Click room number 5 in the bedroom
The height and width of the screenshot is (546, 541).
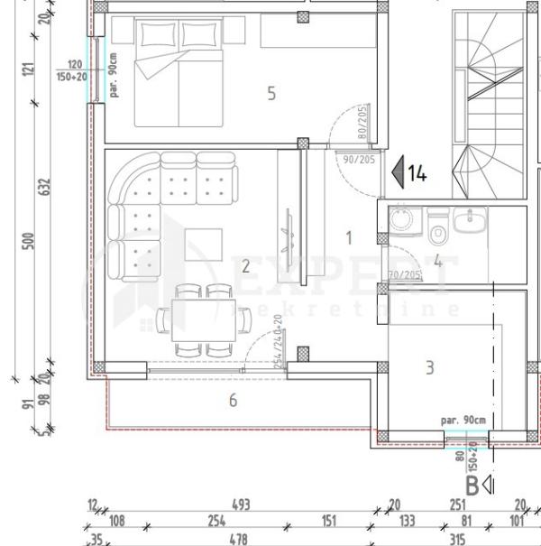tap(270, 92)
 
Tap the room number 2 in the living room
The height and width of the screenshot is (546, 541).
tap(245, 265)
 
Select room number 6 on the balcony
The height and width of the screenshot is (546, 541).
tap(233, 399)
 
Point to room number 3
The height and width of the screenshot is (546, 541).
tap(429, 367)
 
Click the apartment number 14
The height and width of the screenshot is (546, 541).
tap(417, 172)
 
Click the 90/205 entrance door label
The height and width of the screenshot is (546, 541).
tap(359, 160)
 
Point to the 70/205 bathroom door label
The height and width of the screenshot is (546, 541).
tap(404, 275)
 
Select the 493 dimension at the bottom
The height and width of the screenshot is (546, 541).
tap(241, 504)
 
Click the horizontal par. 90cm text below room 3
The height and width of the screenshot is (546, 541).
tap(463, 421)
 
